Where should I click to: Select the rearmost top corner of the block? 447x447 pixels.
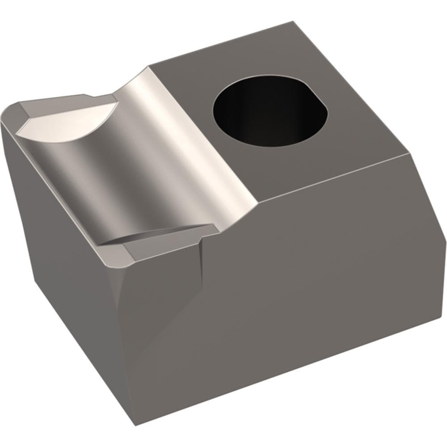pyautogui.click(x=293, y=21)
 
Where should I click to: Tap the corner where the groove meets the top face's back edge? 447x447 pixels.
pyautogui.click(x=149, y=67)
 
